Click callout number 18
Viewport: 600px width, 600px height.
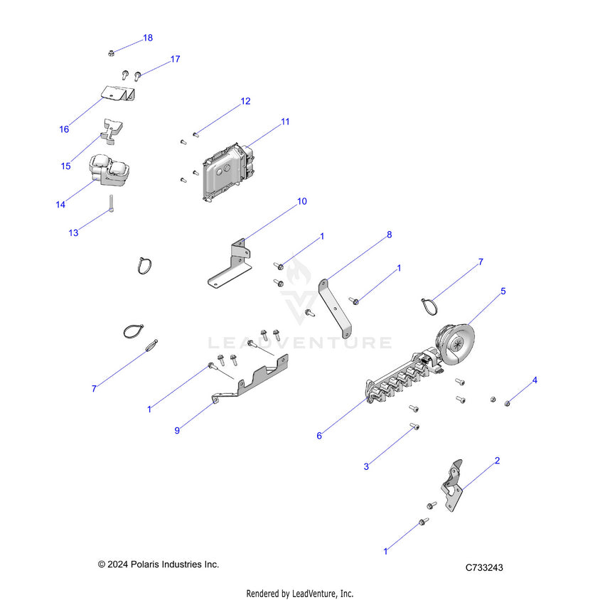click(148, 38)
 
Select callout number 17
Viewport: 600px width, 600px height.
click(175, 60)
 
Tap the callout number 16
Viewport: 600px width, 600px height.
click(64, 129)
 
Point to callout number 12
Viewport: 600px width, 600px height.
click(245, 102)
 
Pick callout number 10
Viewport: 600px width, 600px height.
click(302, 202)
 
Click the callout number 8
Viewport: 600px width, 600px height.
click(389, 234)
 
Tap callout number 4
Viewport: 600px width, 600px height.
click(535, 380)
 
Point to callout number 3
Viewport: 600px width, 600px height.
click(366, 466)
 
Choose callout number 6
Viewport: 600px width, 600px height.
click(319, 435)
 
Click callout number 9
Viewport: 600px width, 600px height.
click(177, 430)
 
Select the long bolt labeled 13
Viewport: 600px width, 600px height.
click(112, 203)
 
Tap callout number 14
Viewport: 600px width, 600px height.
click(60, 205)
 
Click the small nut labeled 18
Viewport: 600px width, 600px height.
click(112, 52)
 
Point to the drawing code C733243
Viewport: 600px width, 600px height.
click(484, 567)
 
